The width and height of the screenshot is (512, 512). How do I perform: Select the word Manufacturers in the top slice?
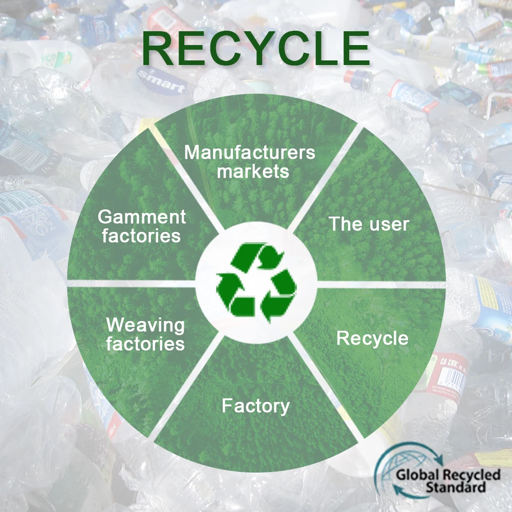[x=250, y=153]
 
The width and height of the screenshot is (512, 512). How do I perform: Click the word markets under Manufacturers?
[x=253, y=171]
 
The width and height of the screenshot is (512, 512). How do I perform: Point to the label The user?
[x=369, y=224]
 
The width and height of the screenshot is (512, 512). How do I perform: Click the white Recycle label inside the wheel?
[x=372, y=338]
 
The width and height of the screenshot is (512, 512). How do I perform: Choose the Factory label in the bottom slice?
[x=255, y=406]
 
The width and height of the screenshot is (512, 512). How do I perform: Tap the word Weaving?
[x=145, y=325]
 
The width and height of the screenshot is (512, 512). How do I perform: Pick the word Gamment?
[x=142, y=217]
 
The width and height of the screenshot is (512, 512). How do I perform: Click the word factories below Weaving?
[x=145, y=344]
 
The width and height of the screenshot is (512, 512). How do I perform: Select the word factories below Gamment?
[x=141, y=236]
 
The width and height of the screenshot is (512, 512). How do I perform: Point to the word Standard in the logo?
[x=455, y=487]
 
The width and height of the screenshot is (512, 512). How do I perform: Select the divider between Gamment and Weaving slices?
[x=133, y=282]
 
